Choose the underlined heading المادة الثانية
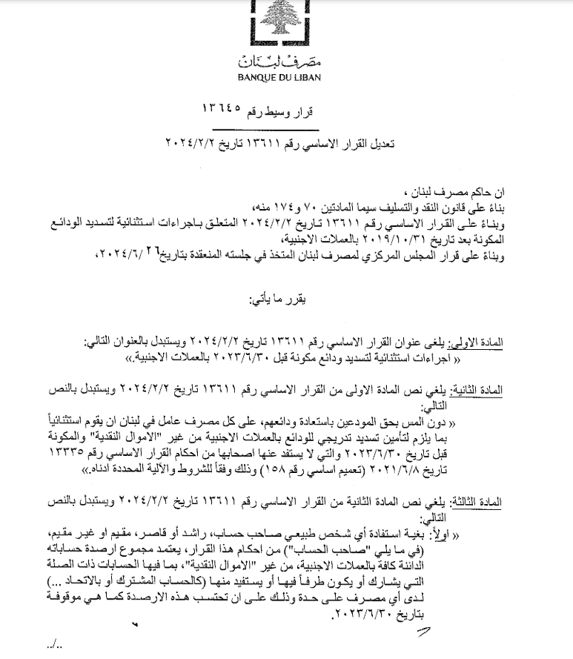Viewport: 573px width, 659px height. pyautogui.click(x=475, y=390)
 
